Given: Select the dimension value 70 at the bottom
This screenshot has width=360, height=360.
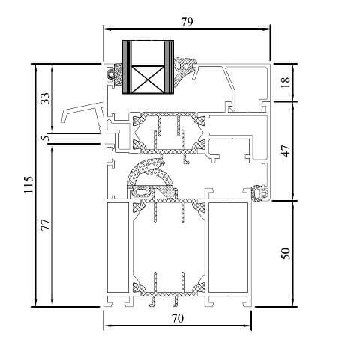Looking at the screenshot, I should [177, 318].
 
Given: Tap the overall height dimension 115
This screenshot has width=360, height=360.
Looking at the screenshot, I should [28, 185].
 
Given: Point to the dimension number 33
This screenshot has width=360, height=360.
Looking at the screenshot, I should [44, 98].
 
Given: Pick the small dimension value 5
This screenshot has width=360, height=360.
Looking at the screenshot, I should [44, 138].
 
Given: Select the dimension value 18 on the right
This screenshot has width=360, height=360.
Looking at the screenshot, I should [285, 82].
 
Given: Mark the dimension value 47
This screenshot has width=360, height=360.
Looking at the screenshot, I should [285, 150].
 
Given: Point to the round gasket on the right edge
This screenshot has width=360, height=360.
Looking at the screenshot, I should [260, 193].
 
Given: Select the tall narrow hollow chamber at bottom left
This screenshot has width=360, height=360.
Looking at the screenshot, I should [116, 247].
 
